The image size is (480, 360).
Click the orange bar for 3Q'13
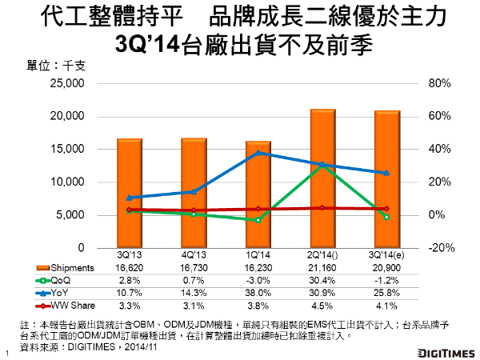coord(129,192)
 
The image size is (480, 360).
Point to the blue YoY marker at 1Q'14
coord(258,153)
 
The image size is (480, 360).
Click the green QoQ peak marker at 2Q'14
coord(322,166)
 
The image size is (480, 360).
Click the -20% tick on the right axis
coord(441,248)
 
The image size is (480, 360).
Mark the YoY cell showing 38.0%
coord(258,292)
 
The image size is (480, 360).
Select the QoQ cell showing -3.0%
coord(258,280)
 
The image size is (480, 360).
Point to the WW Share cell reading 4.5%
coord(322,305)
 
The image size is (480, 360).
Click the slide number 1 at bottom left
coord(6,353)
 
